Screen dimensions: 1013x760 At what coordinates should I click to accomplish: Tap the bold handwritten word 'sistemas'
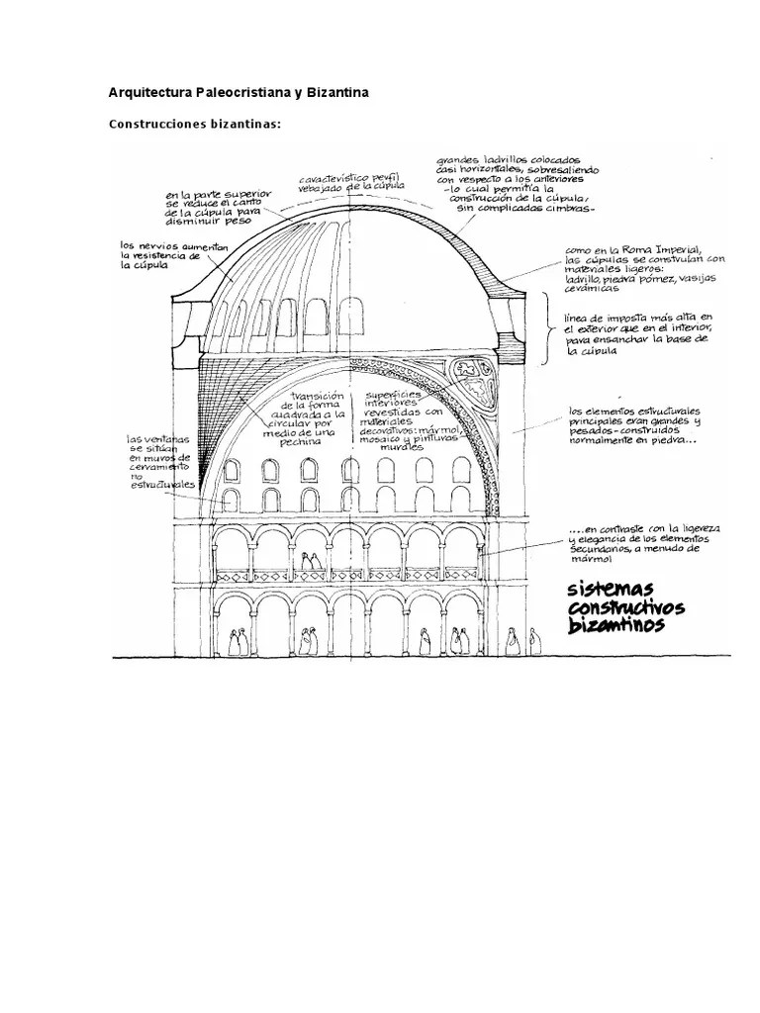605,590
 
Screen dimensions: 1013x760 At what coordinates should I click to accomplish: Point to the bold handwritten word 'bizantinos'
616,626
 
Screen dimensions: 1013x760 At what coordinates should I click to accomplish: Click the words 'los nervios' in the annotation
144,245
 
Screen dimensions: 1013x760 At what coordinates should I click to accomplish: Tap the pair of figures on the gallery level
310,563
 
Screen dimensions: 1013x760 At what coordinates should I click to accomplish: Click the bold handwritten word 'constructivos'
627,607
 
